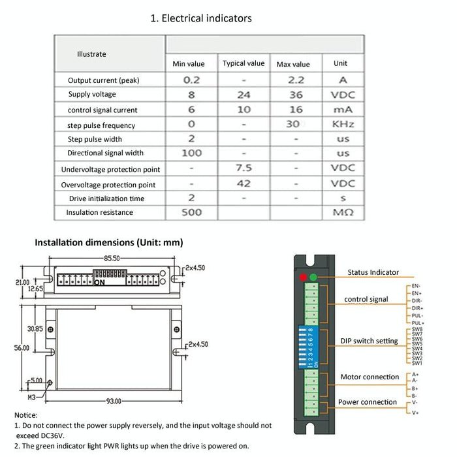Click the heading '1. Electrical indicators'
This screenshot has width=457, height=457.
pos(201,18)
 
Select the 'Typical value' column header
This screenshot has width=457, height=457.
pos(244,63)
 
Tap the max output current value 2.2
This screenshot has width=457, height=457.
pos(296,80)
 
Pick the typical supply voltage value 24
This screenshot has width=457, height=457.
pos(244,95)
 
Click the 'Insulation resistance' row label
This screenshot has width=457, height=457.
pos(99,212)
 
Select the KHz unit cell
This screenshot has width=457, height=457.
pos(342,125)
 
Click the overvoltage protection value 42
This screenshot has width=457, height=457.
pos(244,183)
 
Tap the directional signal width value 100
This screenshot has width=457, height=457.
pos(191,153)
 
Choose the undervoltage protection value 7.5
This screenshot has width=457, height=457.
pos(244,168)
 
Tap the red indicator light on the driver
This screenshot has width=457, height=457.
pos(302,277)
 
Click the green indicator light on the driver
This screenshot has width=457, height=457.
pos(313,277)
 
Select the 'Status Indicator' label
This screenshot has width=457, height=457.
pos(373,272)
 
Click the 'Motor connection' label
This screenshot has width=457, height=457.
pos(370,377)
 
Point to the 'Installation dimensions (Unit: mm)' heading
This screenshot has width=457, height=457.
pos(109,242)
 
